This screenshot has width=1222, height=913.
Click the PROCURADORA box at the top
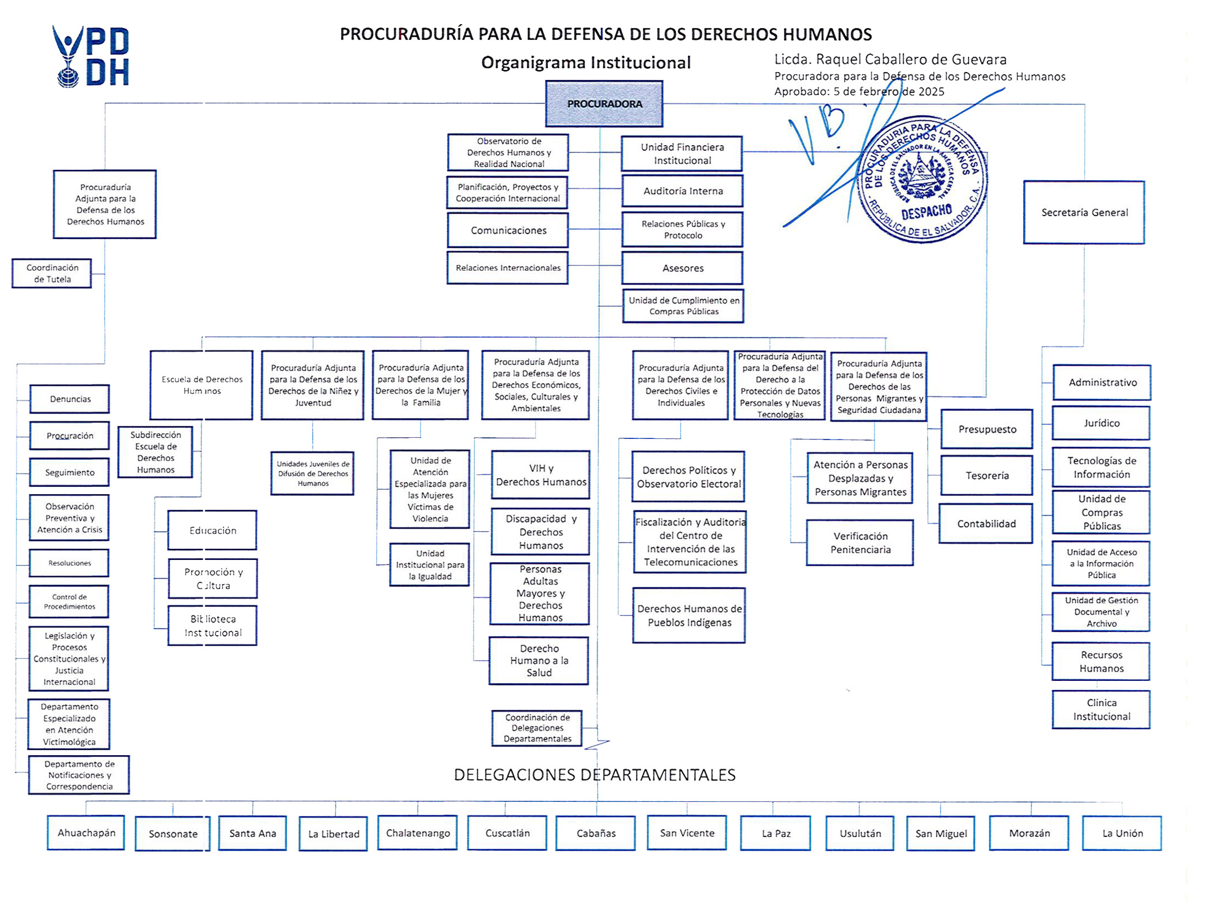[x=604, y=104]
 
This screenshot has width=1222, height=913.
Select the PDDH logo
[x=91, y=56]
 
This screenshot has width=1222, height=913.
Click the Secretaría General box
[x=1084, y=213]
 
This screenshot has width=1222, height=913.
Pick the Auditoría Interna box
[x=683, y=191]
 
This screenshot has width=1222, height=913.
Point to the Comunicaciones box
[x=508, y=230]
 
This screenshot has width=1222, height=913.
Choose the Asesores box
[x=683, y=268]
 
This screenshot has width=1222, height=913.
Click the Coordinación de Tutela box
[x=52, y=274]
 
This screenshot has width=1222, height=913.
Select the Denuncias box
[x=70, y=399]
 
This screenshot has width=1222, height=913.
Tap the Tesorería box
[x=987, y=476]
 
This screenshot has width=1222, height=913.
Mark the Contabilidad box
[x=986, y=524]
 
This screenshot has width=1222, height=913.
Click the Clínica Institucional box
[x=1101, y=710]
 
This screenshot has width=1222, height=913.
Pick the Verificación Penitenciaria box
[x=860, y=543]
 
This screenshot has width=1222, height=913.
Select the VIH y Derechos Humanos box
[x=540, y=475]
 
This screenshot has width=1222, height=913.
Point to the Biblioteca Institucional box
[x=213, y=626]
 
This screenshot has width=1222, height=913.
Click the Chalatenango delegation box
[x=418, y=833]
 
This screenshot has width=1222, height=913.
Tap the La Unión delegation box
[x=1122, y=833]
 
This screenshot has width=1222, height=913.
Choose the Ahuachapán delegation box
[x=86, y=833]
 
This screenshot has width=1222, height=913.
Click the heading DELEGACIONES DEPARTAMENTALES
[x=595, y=775]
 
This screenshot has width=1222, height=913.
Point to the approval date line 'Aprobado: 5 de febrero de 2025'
[x=859, y=92]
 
